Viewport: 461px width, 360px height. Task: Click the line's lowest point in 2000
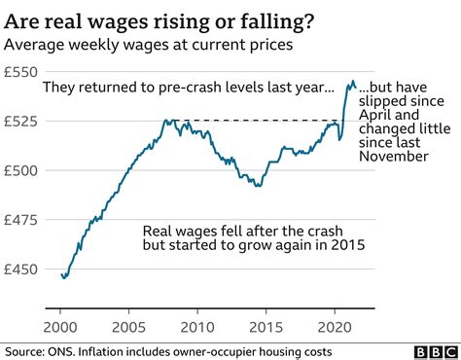(64, 278)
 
